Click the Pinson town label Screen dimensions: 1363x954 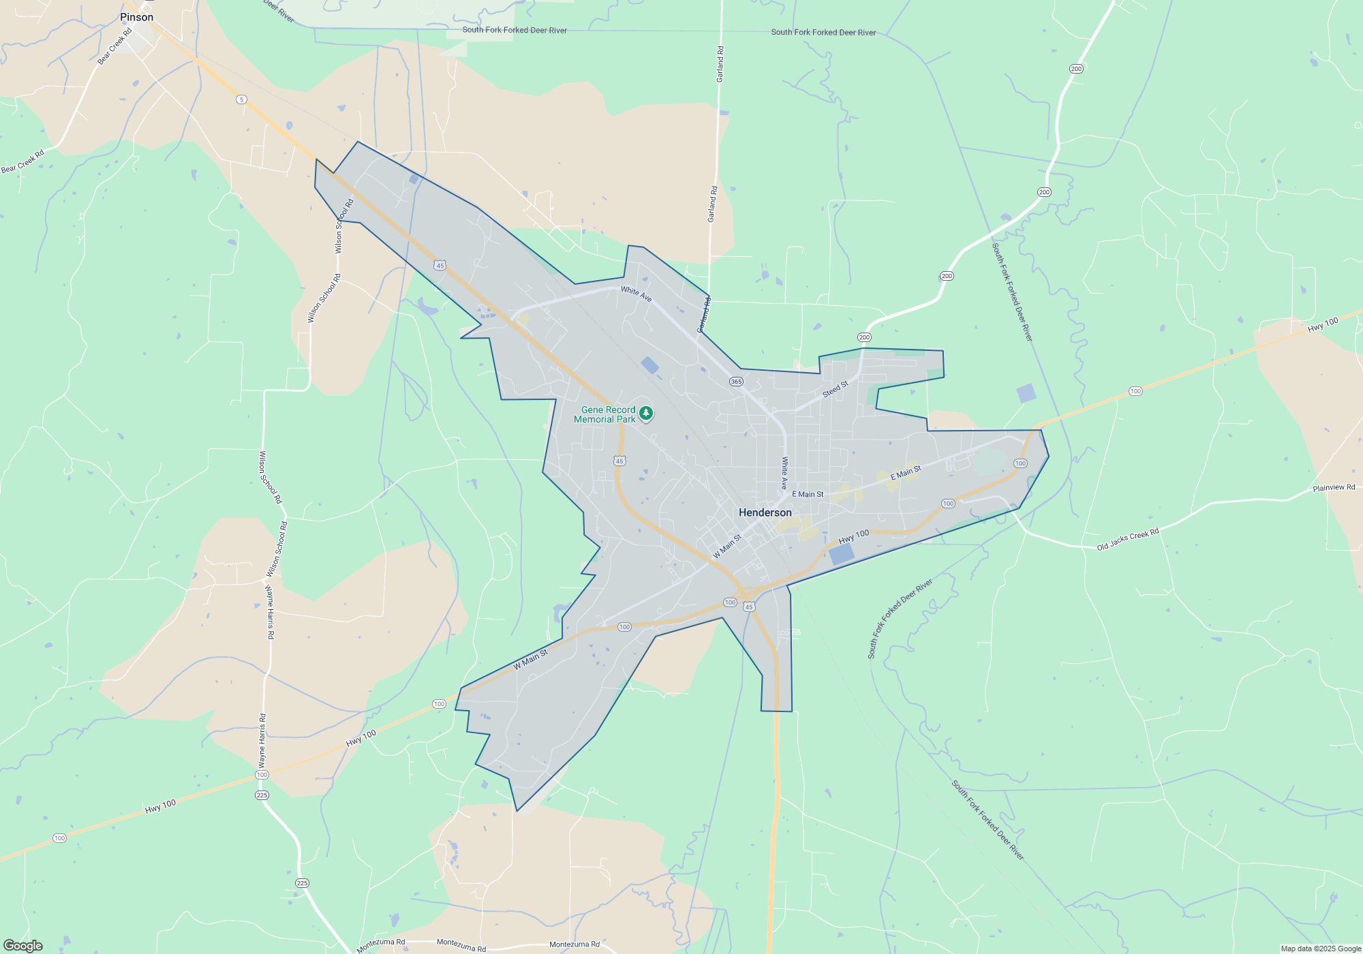pyautogui.click(x=136, y=17)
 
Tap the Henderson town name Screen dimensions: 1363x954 pyautogui.click(x=765, y=512)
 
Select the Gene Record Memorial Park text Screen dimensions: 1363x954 pyautogui.click(x=605, y=414)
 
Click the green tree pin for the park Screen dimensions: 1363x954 pyautogui.click(x=646, y=413)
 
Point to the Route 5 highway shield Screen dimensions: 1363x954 pyautogui.click(x=241, y=99)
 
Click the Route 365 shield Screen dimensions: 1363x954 pyautogui.click(x=736, y=382)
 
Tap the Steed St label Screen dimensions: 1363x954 pyautogui.click(x=835, y=389)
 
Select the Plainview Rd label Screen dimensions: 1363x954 pyautogui.click(x=1334, y=488)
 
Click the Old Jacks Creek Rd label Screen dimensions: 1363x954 pyautogui.click(x=1127, y=540)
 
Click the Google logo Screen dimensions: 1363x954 pyautogui.click(x=23, y=946)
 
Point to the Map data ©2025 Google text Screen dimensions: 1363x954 pyautogui.click(x=1321, y=949)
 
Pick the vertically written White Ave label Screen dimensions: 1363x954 pyautogui.click(x=784, y=473)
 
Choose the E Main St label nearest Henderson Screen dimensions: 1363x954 pyautogui.click(x=808, y=495)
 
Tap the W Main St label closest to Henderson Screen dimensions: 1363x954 pyautogui.click(x=726, y=547)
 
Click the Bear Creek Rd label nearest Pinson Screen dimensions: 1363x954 pyautogui.click(x=114, y=46)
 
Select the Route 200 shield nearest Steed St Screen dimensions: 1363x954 pyautogui.click(x=864, y=337)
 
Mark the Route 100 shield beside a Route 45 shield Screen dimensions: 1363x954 pyautogui.click(x=730, y=602)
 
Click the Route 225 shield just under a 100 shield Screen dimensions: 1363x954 pyautogui.click(x=262, y=795)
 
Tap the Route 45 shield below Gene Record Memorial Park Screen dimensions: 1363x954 pyautogui.click(x=619, y=461)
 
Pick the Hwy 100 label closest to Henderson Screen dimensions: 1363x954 pyautogui.click(x=853, y=537)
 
